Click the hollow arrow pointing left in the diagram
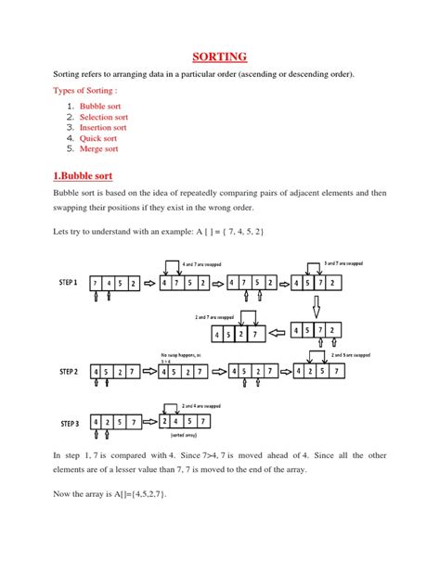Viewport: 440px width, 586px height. [x=278, y=333]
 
